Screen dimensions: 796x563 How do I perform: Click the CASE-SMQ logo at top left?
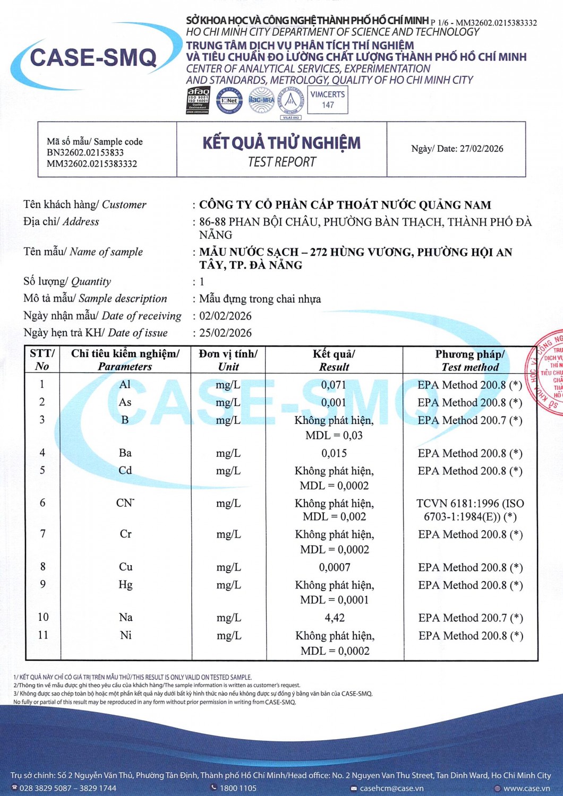point(93,57)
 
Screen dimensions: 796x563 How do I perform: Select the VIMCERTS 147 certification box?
point(328,100)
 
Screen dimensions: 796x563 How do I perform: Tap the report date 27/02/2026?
point(481,149)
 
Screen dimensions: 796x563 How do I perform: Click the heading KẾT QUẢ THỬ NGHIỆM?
point(281,143)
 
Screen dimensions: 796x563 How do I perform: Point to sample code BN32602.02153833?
point(85,153)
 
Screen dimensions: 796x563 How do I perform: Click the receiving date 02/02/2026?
point(225,316)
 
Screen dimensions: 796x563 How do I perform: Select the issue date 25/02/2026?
point(225,333)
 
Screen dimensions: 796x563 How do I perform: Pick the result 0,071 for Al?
point(334,385)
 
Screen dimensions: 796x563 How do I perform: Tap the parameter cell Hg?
point(125,585)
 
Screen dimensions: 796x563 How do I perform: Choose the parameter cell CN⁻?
point(125,503)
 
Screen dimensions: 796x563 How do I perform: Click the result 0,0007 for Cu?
point(335,567)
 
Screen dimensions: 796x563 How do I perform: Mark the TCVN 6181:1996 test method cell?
point(470,509)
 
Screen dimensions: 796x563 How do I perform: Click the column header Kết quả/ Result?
point(334,360)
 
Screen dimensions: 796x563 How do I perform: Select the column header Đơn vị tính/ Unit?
point(228,360)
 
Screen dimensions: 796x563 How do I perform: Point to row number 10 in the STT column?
point(43,617)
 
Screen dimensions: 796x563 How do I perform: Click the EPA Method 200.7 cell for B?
point(470,420)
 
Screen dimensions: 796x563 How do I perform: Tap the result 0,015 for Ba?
point(334,453)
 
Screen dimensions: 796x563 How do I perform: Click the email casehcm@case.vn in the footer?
point(391,788)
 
